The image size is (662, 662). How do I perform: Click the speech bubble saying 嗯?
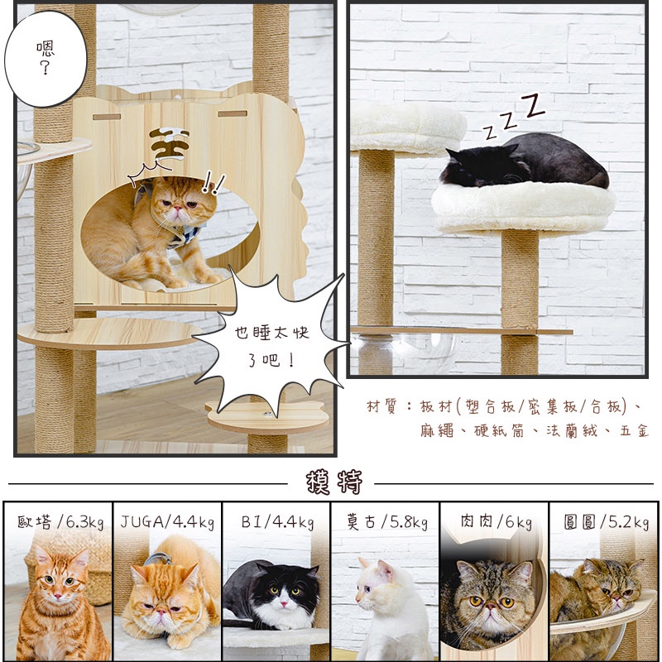pyautogui.click(x=46, y=58)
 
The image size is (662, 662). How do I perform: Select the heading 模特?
pyautogui.click(x=334, y=482)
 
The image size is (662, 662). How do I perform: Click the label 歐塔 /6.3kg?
pyautogui.click(x=60, y=522)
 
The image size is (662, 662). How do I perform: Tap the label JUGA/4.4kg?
pyautogui.click(x=167, y=522)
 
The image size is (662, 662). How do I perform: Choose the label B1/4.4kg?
pyautogui.click(x=277, y=523)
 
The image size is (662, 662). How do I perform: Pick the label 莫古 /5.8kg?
pyautogui.click(x=386, y=522)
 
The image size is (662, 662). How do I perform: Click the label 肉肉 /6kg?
pyautogui.click(x=496, y=522)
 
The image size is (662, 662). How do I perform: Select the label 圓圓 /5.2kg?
pyautogui.click(x=606, y=522)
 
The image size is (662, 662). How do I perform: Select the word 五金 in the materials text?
pyautogui.click(x=634, y=431)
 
